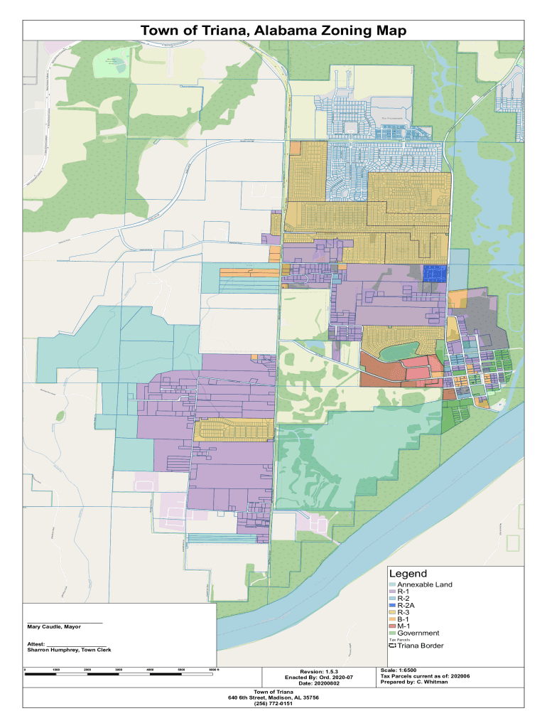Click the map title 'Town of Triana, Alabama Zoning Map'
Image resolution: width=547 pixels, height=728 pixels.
[273, 31]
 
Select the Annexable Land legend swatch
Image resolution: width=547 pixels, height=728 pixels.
[392, 584]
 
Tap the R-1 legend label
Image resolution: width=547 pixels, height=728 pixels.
[404, 591]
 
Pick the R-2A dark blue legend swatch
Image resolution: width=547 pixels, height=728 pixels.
[392, 605]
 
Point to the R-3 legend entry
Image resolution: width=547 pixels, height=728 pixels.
[403, 612]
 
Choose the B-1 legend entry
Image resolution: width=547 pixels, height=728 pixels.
[403, 619]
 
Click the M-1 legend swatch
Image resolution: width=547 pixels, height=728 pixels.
[392, 626]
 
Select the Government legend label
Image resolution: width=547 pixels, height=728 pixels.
[418, 633]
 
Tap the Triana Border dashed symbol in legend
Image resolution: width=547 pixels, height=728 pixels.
[392, 646]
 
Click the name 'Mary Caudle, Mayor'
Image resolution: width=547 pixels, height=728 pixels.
[54, 627]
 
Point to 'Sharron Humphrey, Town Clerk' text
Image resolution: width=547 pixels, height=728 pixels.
[69, 650]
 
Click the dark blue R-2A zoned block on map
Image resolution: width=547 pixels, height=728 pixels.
[434, 274]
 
